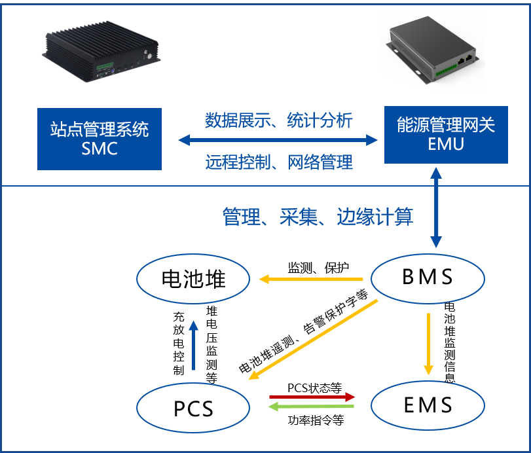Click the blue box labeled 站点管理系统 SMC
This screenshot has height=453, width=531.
click(100, 139)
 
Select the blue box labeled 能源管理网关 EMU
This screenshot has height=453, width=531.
click(446, 135)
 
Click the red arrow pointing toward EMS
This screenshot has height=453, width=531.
click(312, 397)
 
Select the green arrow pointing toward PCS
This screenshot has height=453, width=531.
click(311, 407)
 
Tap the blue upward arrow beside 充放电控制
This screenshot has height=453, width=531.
click(193, 345)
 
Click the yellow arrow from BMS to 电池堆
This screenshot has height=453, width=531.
click(311, 280)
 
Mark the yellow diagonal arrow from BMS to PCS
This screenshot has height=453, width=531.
click(313, 340)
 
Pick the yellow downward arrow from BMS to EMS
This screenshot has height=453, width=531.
click(428, 344)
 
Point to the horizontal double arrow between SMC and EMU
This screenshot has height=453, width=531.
click(278, 140)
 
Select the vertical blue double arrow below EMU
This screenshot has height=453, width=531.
click(436, 208)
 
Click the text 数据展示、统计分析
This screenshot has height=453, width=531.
click(279, 120)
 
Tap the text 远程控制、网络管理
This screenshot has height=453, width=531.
click(279, 162)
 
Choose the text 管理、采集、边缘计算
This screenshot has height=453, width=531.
click(318, 217)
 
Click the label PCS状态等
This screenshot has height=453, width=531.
click(315, 388)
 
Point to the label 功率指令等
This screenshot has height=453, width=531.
click(316, 420)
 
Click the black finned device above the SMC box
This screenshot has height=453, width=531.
click(101, 51)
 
